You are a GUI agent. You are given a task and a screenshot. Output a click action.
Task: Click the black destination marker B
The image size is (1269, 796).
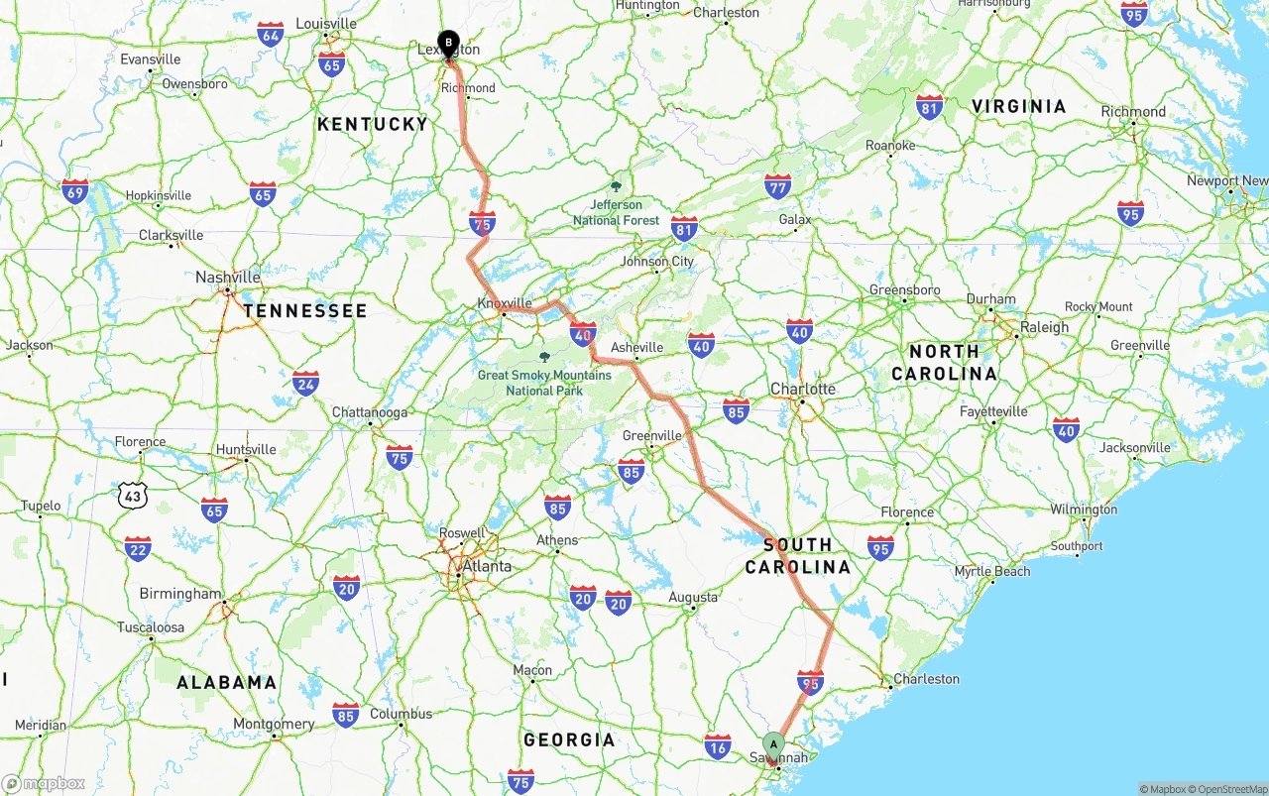tap(448, 44)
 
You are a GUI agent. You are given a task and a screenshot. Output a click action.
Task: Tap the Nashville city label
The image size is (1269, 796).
tap(227, 278)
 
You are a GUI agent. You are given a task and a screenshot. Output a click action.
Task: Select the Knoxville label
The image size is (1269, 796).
tap(505, 303)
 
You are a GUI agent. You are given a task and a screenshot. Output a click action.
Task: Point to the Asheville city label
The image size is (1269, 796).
tap(636, 347)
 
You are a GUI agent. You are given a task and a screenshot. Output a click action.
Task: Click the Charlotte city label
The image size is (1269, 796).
tap(803, 389)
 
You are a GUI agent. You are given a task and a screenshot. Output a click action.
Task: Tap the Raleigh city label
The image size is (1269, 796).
tap(1044, 327)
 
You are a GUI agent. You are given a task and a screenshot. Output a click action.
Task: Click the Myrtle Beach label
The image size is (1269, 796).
tap(992, 572)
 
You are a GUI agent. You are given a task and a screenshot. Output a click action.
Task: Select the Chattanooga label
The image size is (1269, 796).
tap(370, 412)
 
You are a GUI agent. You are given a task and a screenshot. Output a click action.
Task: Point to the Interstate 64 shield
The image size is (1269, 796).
tap(270, 33)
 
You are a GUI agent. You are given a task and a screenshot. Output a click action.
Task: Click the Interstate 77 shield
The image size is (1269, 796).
tap(778, 186)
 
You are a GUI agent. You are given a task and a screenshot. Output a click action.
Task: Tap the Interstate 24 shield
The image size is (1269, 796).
tap(305, 383)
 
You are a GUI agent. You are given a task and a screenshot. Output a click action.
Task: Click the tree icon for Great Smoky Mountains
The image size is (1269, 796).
tap(543, 357)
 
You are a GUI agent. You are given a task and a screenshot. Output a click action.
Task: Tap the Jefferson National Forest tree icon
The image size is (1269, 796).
tap(616, 186)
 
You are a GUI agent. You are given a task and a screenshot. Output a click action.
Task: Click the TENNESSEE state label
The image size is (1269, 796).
tap(305, 311)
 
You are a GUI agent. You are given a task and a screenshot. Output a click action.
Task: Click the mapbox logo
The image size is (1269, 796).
tap(44, 784)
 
